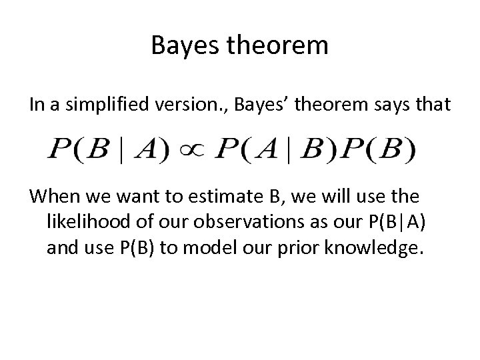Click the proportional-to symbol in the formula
(x=192, y=149)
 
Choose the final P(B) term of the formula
(x=379, y=149)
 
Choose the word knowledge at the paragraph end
(x=373, y=247)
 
